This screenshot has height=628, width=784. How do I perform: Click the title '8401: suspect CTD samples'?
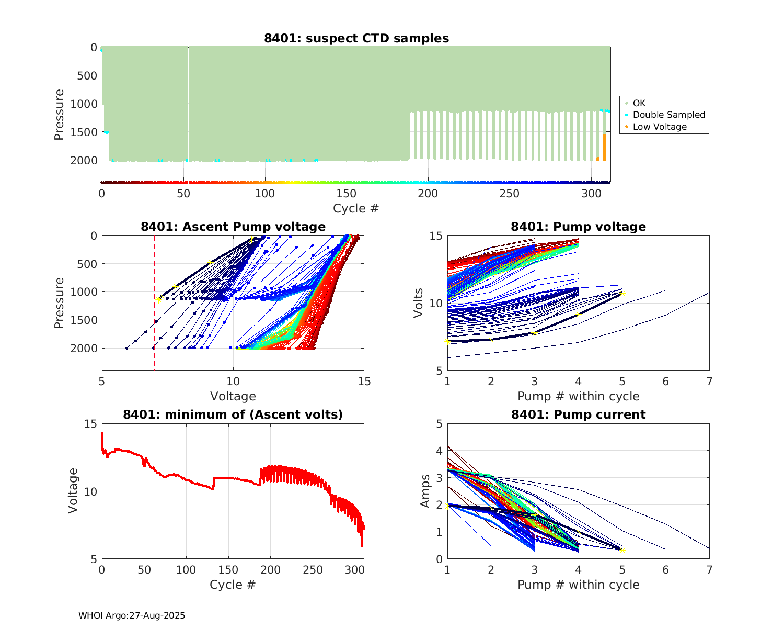tap(356, 38)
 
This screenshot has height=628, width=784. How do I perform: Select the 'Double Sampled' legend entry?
tap(668, 115)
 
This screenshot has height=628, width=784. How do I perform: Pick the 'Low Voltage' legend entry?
tap(660, 127)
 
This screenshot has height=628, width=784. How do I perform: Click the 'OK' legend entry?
tap(639, 103)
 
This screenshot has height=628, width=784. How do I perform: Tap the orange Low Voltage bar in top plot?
tap(604, 148)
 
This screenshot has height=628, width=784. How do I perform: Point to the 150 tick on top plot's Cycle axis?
tap(347, 194)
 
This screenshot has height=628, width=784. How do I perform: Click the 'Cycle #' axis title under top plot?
tap(356, 208)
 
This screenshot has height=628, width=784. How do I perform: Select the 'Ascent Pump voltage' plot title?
tap(233, 227)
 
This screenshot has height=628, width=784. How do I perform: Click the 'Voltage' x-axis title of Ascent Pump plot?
tap(233, 396)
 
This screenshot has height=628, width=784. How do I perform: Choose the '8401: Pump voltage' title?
tap(578, 227)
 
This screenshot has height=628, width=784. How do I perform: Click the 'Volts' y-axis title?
tap(418, 304)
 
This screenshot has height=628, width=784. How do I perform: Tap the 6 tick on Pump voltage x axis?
tap(665, 382)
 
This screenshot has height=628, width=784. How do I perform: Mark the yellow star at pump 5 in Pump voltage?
tap(622, 294)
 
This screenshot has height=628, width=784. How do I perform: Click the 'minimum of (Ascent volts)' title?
tap(233, 414)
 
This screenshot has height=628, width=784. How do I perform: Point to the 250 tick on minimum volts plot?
tap(313, 569)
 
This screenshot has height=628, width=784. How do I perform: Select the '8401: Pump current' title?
tap(578, 414)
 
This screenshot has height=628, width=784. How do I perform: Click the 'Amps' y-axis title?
tap(425, 491)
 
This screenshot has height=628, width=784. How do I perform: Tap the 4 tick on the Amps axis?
tap(439, 451)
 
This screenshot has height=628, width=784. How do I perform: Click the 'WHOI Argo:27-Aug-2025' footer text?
tap(132, 615)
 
